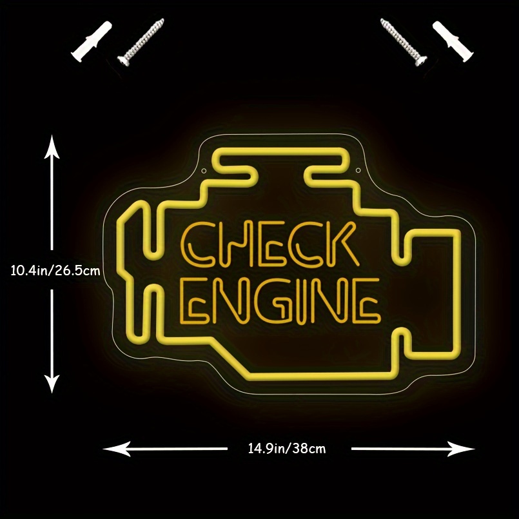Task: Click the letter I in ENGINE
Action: tap(299, 302)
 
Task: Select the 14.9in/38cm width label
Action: tap(287, 448)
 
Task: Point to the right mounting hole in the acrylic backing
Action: tap(358, 170)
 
